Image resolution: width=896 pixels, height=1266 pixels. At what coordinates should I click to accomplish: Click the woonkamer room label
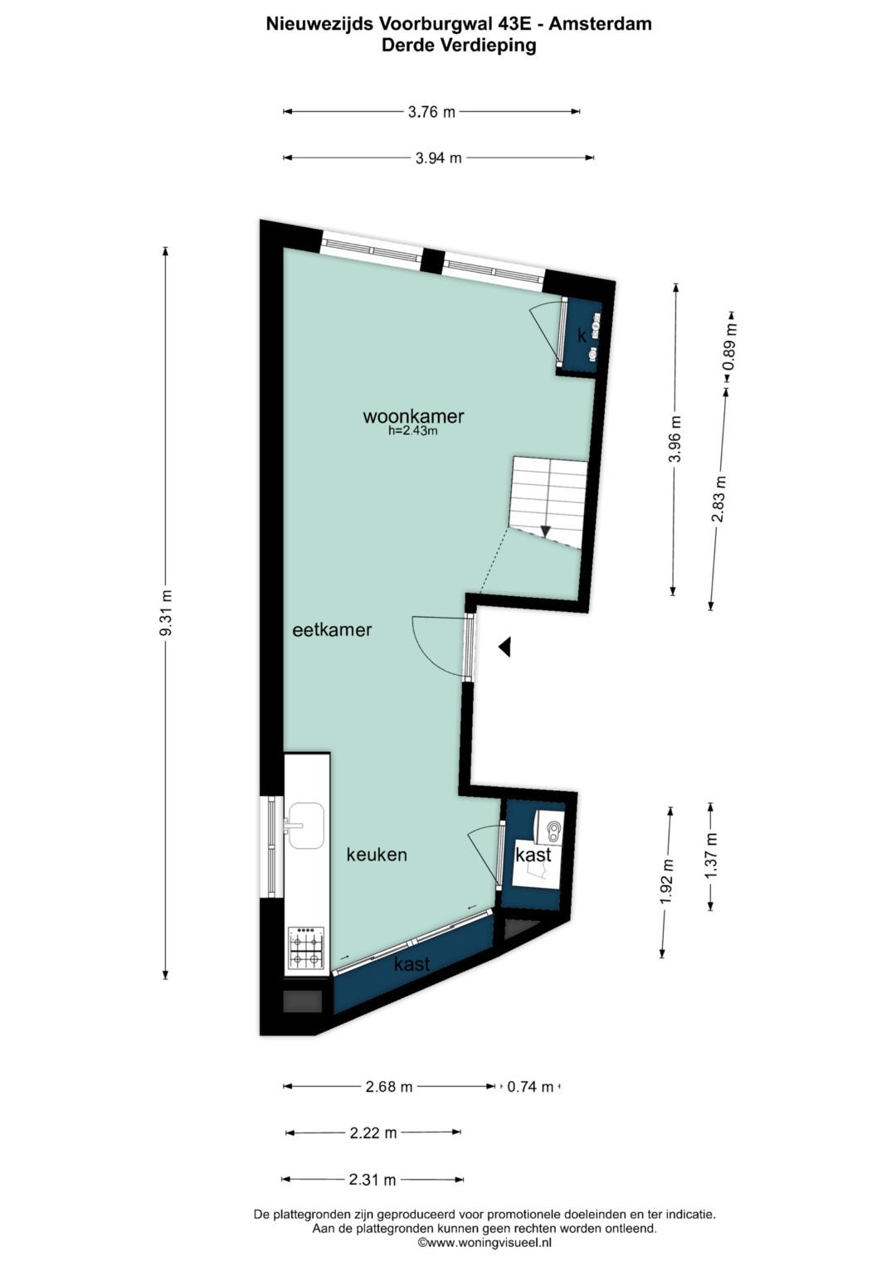pos(413,416)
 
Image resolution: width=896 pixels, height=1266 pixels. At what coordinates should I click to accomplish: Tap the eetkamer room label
pos(332,630)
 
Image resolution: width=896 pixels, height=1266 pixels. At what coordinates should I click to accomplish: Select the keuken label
pos(377,855)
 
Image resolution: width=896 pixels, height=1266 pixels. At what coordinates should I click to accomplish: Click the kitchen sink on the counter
pos(305,825)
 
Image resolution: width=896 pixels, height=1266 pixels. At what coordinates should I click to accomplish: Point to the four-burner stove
pos(305,948)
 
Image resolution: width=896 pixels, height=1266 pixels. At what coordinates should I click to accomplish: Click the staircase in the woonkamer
pos(549,499)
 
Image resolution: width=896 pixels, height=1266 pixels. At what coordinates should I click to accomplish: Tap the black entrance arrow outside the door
pos(504,648)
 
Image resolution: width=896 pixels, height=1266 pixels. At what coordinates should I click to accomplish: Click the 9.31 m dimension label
pos(166,613)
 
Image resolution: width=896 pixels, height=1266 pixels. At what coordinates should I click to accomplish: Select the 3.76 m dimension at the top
pos(431,112)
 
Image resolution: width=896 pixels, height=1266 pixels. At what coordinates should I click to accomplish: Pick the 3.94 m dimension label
pos(438,158)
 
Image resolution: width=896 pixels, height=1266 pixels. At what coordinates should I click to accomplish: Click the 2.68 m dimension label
pos(389,1087)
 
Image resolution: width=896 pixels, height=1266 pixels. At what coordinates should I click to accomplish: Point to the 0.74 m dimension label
pos(530,1087)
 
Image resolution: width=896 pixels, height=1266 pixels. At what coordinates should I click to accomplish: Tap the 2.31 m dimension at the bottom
pos(373,1180)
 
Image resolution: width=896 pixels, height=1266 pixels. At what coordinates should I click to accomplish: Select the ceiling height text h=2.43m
pos(412,431)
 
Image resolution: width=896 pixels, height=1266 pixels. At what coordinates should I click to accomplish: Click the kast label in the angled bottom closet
pos(411,964)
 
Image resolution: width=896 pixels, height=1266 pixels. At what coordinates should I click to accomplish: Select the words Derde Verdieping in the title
pos(459,46)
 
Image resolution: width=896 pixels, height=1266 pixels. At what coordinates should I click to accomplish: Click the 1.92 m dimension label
pos(665,882)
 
